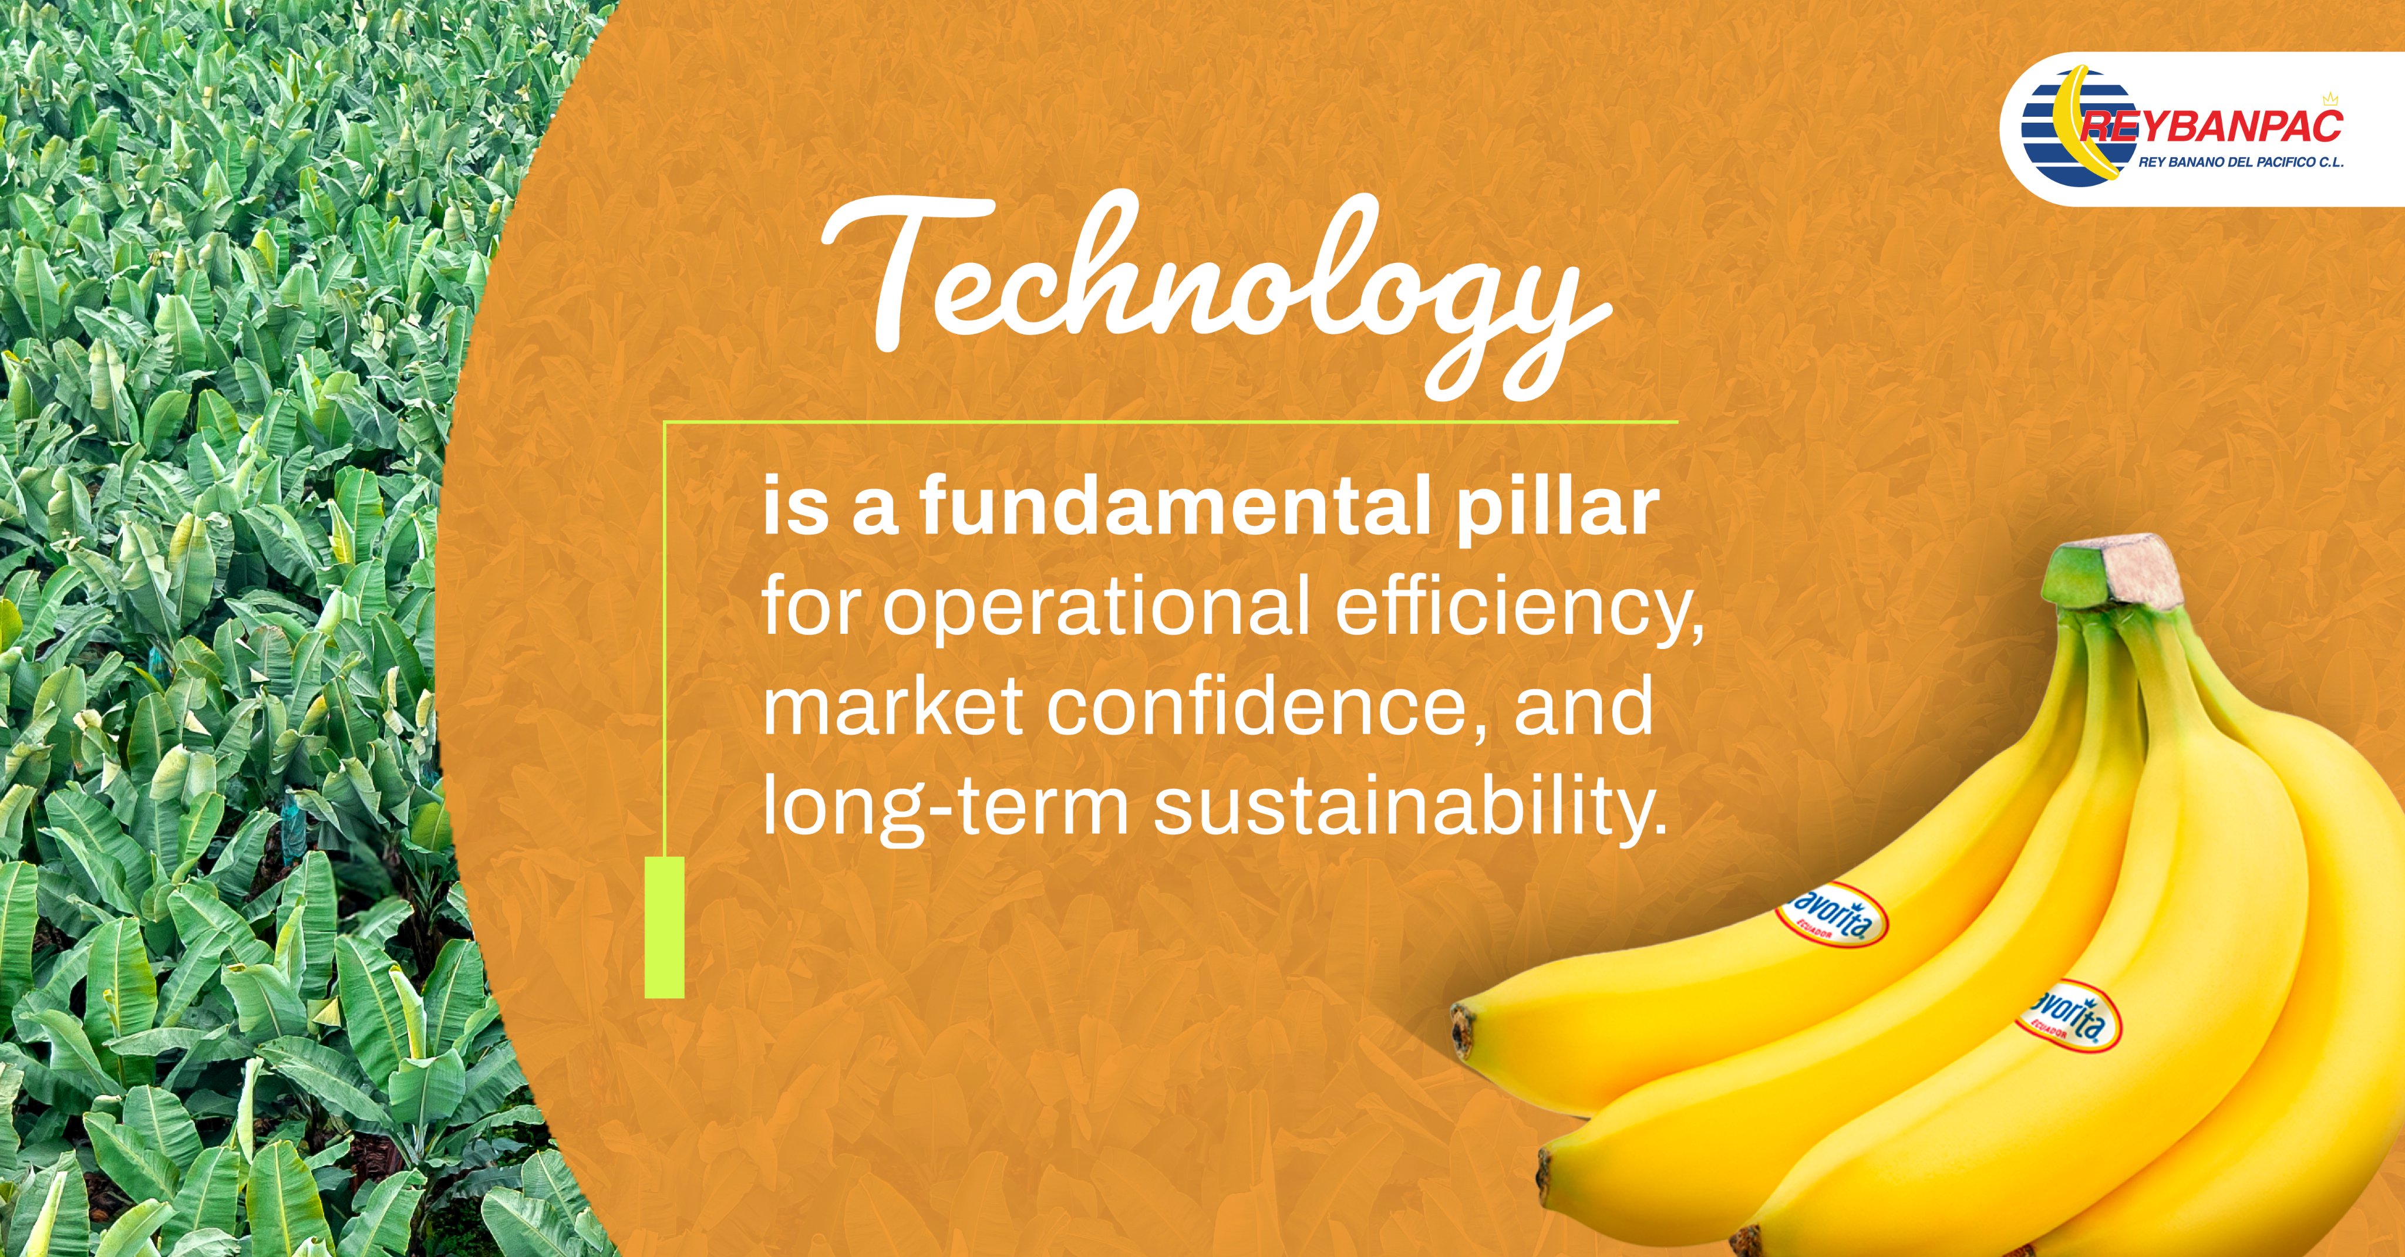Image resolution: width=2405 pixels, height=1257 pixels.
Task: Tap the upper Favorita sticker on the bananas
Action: coord(1831,914)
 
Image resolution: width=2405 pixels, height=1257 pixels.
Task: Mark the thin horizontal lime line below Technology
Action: coord(1171,422)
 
